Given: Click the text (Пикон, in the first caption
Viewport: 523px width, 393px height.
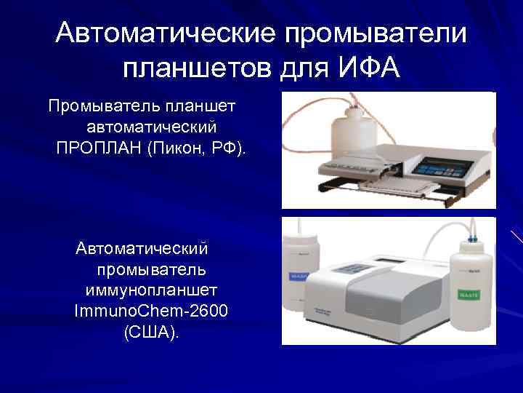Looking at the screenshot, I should pos(180,148).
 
